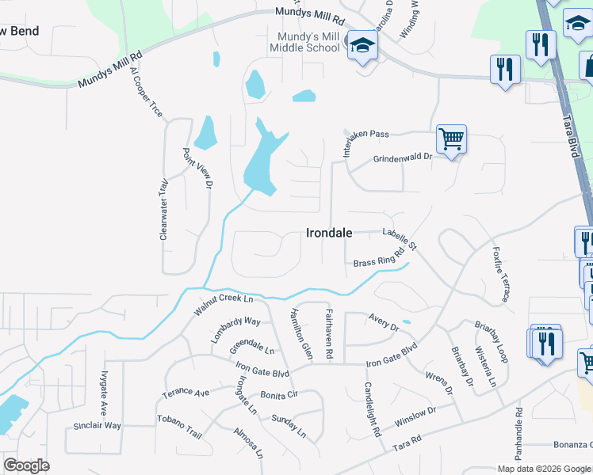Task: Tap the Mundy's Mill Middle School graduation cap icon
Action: (362, 46)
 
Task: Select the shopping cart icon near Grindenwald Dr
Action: (451, 139)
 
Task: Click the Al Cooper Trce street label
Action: (147, 92)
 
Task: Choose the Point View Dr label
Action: (198, 168)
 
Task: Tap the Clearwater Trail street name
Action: (164, 209)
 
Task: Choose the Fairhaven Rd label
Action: (328, 335)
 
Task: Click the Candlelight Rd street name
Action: (373, 408)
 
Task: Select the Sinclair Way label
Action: (98, 426)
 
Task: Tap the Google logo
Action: (27, 465)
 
